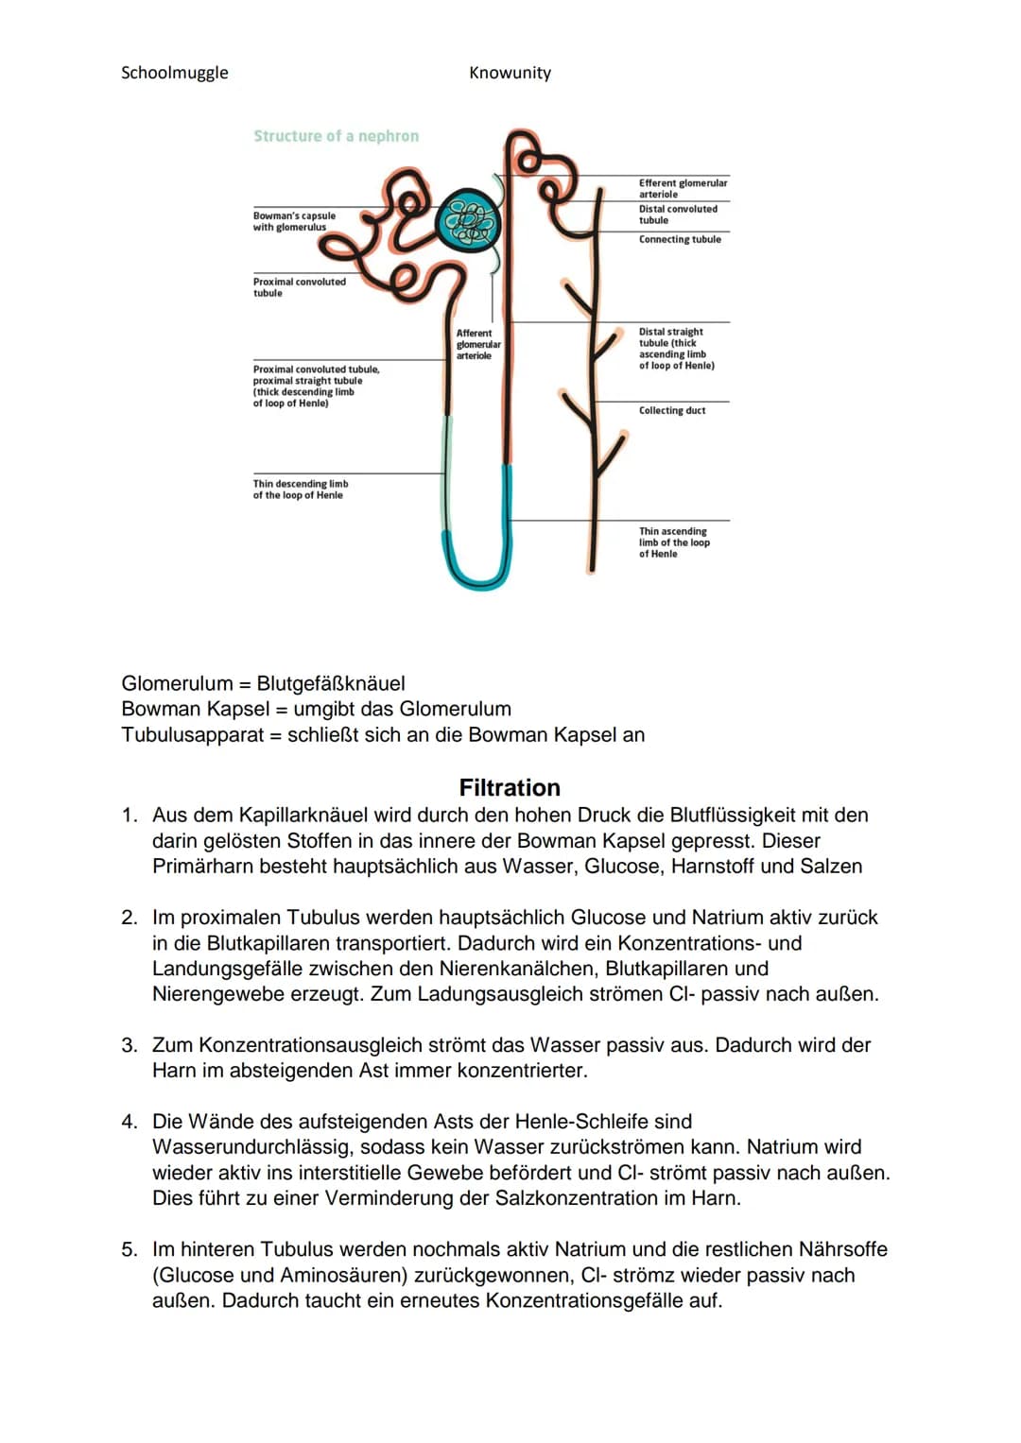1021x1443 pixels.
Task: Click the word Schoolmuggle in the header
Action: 175,73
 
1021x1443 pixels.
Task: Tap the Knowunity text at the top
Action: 510,73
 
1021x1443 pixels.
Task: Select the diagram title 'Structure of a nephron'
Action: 336,136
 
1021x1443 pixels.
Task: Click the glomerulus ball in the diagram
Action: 470,223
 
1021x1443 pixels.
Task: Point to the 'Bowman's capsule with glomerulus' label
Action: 294,221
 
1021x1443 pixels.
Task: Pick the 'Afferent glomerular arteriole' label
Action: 478,344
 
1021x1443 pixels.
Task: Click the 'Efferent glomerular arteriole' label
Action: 683,188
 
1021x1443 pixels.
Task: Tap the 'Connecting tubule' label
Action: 680,240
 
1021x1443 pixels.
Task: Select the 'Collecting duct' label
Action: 672,411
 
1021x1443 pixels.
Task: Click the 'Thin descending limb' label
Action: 300,490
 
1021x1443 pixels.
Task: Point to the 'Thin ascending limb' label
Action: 673,542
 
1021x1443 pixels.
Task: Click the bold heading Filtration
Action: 510,787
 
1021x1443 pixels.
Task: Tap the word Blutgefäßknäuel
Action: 331,683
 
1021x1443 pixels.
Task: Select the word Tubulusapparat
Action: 193,734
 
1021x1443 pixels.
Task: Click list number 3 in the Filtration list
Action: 129,1045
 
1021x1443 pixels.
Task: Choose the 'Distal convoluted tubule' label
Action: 678,215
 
